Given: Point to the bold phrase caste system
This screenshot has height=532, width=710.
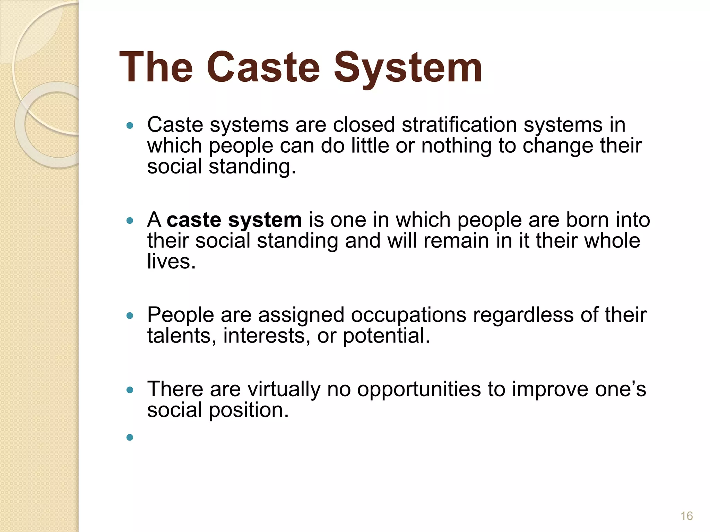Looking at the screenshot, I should coord(234,220).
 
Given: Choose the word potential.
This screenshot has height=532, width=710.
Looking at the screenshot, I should coord(386,336).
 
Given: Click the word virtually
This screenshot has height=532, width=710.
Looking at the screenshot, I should coord(284,389).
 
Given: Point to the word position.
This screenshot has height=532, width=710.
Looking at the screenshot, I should coord(249,410).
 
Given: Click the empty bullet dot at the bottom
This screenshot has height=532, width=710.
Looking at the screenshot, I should coord(130,437).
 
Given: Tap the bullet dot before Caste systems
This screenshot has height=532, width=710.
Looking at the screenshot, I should coord(130,125).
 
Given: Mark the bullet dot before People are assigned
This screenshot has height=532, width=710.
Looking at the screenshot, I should coord(130,316).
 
